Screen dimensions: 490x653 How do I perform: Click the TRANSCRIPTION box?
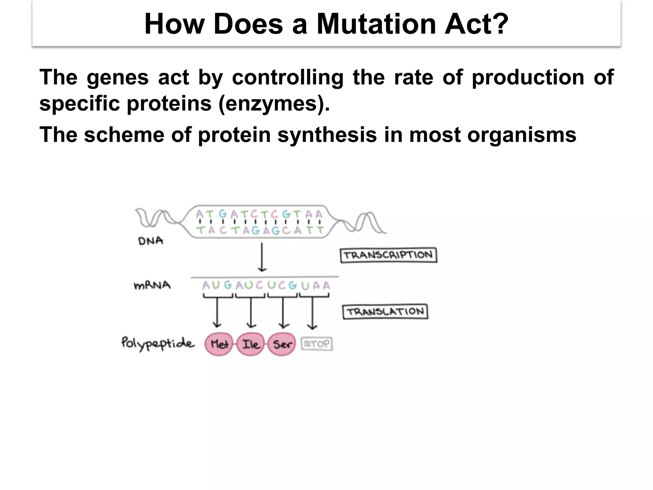point(388,256)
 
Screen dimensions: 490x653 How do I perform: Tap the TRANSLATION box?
point(385,312)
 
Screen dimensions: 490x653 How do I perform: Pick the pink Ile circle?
point(251,344)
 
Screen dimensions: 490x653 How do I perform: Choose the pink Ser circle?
point(282,344)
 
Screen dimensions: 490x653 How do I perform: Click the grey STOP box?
point(317,344)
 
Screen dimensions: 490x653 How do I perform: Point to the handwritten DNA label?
point(150,241)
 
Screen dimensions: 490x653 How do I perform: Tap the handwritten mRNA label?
point(152,285)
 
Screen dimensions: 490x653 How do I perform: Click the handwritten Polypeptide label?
point(158,344)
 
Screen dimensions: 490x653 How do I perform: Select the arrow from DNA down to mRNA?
point(262,257)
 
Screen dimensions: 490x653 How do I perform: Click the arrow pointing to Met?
point(217,313)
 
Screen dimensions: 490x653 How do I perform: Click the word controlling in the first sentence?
point(288,78)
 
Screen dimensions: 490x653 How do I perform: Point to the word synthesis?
point(327,135)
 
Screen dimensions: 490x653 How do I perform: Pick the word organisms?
point(522,135)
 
